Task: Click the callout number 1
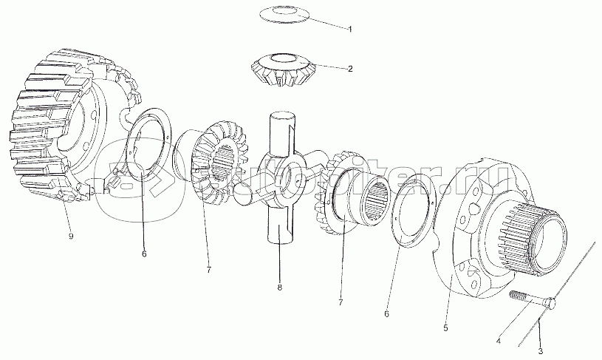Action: [x=350, y=29]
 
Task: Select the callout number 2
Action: [x=350, y=69]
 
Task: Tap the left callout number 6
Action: [x=144, y=254]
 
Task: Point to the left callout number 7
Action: [x=208, y=269]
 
